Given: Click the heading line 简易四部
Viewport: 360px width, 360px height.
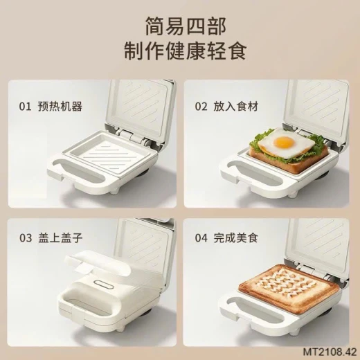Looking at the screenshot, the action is [186, 26].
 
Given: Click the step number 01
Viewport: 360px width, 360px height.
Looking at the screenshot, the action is [25, 107].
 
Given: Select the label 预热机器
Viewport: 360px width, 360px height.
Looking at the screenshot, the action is [60, 107].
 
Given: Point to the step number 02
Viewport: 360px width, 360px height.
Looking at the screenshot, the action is [201, 107].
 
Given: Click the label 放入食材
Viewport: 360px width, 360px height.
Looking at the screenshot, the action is [236, 107].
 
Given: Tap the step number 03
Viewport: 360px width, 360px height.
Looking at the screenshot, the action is [26, 238].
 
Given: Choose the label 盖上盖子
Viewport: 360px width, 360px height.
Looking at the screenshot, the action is [60, 238].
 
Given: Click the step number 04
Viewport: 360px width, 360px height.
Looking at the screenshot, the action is [201, 238].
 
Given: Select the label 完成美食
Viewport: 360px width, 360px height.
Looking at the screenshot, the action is [236, 238].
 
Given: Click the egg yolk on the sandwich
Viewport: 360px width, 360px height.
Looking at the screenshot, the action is [285, 142].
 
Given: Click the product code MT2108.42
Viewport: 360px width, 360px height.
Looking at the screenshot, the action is [330, 352].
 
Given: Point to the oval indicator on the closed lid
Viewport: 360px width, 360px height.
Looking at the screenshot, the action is [104, 285].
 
